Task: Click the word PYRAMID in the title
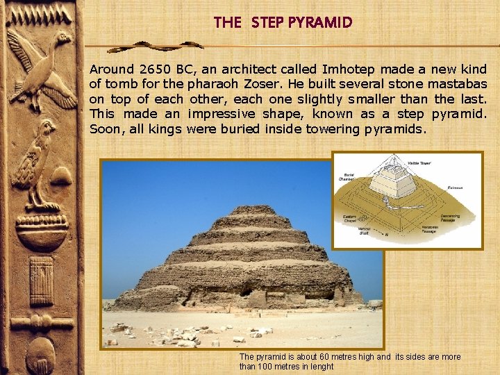[x=320, y=22]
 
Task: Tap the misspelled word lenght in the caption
[x=321, y=367]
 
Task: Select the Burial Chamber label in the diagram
[x=347, y=176]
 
